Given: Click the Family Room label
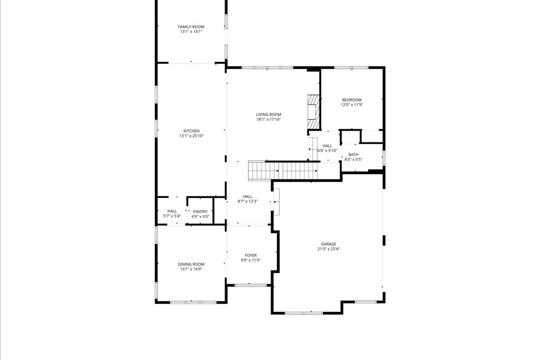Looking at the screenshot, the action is pyautogui.click(x=191, y=26).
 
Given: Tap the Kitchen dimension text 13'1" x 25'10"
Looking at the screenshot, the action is pyautogui.click(x=192, y=136).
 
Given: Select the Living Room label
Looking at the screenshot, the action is pyautogui.click(x=268, y=114).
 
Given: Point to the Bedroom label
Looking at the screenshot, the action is pyautogui.click(x=352, y=100).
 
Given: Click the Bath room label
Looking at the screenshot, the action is pyautogui.click(x=353, y=154).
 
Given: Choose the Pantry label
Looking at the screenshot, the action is pyautogui.click(x=200, y=212).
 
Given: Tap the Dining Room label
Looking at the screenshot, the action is pyautogui.click(x=191, y=264).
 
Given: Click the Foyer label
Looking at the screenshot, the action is pyautogui.click(x=251, y=255).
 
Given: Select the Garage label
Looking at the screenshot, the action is pyautogui.click(x=328, y=244).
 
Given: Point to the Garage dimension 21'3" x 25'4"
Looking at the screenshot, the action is pyautogui.click(x=328, y=249).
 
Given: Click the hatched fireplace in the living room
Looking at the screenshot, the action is pyautogui.click(x=313, y=112).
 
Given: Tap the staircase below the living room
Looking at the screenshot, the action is pyautogui.click(x=283, y=171).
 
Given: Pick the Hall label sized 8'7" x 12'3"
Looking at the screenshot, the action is pyautogui.click(x=248, y=196).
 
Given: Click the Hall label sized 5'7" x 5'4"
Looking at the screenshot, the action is pyautogui.click(x=172, y=211).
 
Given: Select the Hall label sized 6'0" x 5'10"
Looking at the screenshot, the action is pyautogui.click(x=328, y=146).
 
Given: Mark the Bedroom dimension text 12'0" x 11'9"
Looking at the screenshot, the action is pyautogui.click(x=352, y=105).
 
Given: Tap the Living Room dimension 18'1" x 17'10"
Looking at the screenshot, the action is pyautogui.click(x=268, y=119).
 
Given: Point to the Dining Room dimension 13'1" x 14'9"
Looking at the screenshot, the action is pyautogui.click(x=191, y=269).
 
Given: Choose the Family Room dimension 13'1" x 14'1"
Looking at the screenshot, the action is pyautogui.click(x=191, y=31).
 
